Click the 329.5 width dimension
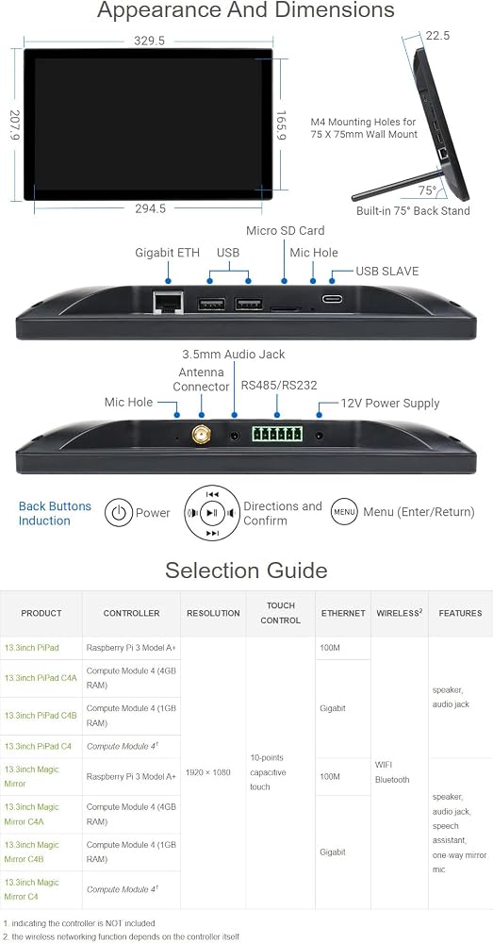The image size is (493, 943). click(149, 41)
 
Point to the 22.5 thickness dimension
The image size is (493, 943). click(437, 36)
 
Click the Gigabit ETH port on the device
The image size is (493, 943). click(169, 302)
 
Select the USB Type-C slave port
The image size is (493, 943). click(331, 299)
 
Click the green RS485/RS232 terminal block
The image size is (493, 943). click(277, 434)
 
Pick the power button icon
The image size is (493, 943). click(119, 513)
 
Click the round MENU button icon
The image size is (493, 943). click(344, 512)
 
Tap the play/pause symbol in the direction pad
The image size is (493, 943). click(212, 513)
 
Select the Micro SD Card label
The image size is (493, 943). click(285, 231)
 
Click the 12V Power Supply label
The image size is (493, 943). click(390, 403)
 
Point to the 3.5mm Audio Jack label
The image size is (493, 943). click(234, 355)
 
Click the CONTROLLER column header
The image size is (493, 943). click(132, 614)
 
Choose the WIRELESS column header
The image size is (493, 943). click(400, 614)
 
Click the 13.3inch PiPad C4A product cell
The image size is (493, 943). click(41, 678)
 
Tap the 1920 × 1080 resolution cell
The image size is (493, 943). click(208, 772)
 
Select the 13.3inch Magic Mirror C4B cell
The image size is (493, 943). click(31, 852)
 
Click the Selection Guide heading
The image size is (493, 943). click(247, 571)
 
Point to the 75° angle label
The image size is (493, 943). click(427, 190)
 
